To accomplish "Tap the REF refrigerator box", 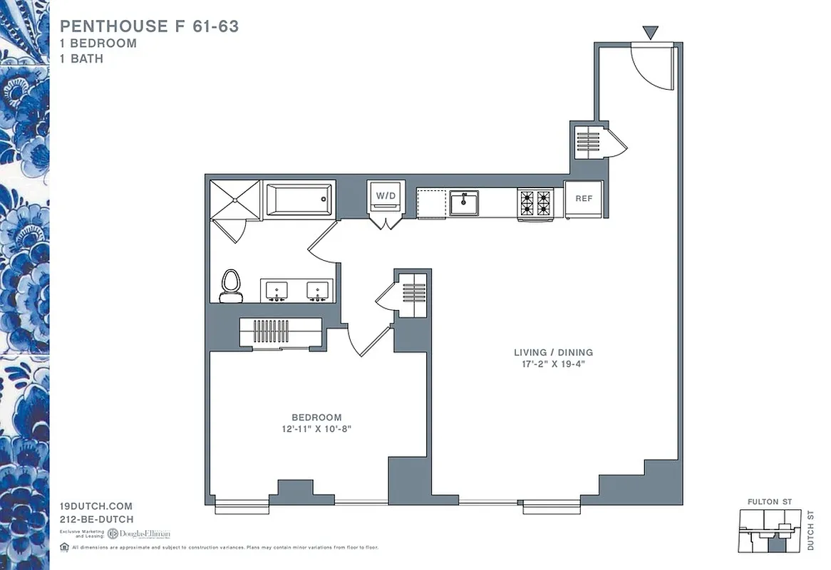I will (x=584, y=198).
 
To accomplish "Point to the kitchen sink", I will (x=463, y=203).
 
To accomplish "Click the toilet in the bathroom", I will (x=230, y=285).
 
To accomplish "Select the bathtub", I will (x=299, y=199).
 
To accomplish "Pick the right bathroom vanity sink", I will (x=317, y=291).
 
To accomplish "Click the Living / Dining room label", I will (x=553, y=352).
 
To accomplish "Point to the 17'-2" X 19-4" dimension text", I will (x=553, y=364).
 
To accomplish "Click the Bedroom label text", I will (x=316, y=417).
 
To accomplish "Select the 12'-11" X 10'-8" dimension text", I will (x=316, y=429).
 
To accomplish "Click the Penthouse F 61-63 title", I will (x=149, y=27).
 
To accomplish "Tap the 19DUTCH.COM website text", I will (x=96, y=506).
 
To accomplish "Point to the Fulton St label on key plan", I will (x=769, y=502).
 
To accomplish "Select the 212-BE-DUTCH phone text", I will (x=97, y=519).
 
